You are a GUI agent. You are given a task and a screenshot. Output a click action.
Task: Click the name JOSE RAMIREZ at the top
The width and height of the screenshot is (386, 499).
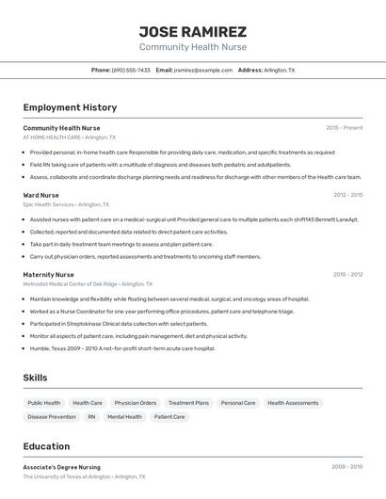[193, 31]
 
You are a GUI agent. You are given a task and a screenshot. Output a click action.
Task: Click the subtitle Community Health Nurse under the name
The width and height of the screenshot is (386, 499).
[193, 47]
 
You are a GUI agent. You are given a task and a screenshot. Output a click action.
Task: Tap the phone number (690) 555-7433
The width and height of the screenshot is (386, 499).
[131, 70]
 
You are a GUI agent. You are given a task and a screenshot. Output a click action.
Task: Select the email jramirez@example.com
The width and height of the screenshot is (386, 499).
[202, 70]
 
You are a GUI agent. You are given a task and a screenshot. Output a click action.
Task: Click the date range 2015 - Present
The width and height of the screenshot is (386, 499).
[344, 127]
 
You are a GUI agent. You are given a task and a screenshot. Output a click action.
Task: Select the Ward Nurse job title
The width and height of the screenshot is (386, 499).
[40, 195]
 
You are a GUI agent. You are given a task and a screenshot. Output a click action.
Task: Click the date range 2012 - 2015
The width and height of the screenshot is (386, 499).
[347, 195]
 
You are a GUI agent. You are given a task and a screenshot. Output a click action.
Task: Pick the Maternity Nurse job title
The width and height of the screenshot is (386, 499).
[48, 275]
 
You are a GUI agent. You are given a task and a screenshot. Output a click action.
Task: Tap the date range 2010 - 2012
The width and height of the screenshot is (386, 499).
[347, 275]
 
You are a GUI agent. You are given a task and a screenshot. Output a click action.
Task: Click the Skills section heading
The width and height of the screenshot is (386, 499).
[36, 378]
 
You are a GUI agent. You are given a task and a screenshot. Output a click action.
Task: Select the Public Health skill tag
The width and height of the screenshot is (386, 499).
[44, 403]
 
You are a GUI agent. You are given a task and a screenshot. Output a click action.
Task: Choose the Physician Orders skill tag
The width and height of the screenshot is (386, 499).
[135, 403]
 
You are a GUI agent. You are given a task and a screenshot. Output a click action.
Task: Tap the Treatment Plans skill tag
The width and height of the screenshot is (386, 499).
[188, 403]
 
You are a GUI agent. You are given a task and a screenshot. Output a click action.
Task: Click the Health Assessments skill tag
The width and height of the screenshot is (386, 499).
[293, 403]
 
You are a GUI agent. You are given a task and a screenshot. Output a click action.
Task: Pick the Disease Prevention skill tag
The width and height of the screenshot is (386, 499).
[52, 416]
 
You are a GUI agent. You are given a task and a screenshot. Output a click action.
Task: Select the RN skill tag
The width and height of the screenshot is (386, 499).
[91, 416]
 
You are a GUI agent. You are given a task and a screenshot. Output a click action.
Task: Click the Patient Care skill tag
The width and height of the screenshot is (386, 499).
[169, 416]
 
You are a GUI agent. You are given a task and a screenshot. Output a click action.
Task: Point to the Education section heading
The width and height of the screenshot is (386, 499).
[46, 446]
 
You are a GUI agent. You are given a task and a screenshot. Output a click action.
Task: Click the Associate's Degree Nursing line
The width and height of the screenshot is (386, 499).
[61, 467]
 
